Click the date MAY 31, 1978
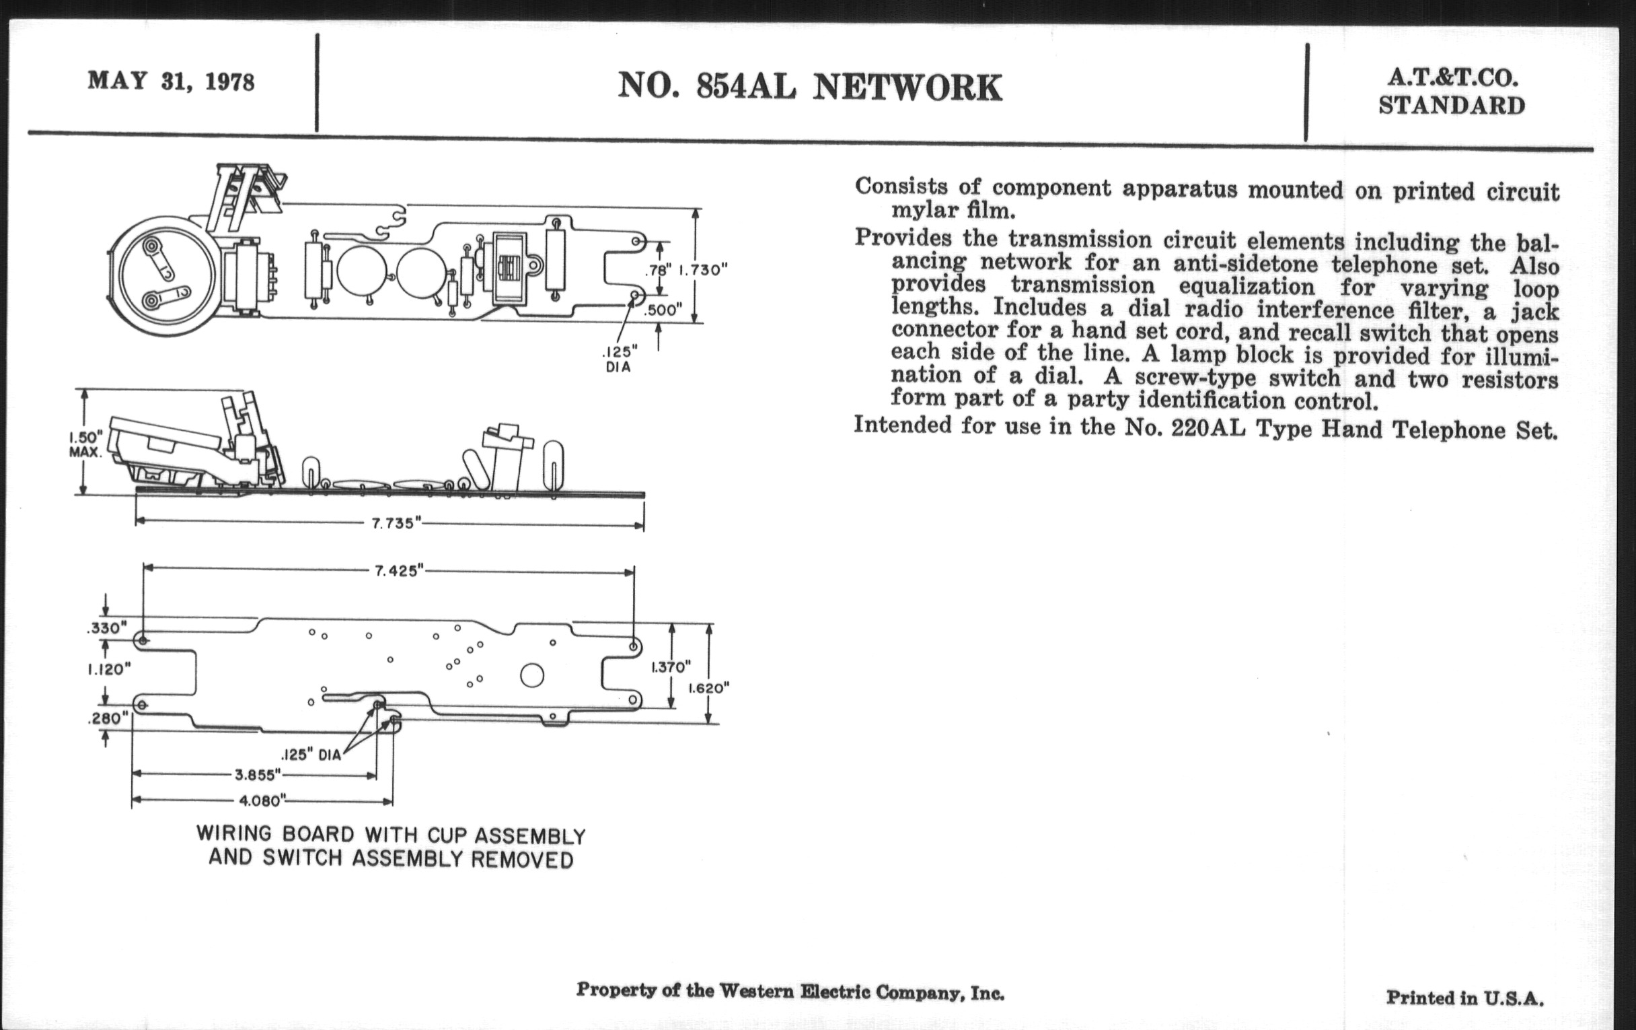171,81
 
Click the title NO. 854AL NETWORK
809,88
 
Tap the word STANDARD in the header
1452,106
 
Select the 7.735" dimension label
392,524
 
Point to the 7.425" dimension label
399,571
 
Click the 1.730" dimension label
703,270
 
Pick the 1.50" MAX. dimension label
85,443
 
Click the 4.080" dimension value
260,801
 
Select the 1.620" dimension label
708,688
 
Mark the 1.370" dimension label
671,667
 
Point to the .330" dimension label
108,628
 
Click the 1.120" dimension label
109,670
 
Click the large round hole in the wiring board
532,675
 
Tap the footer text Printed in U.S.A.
1464,998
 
